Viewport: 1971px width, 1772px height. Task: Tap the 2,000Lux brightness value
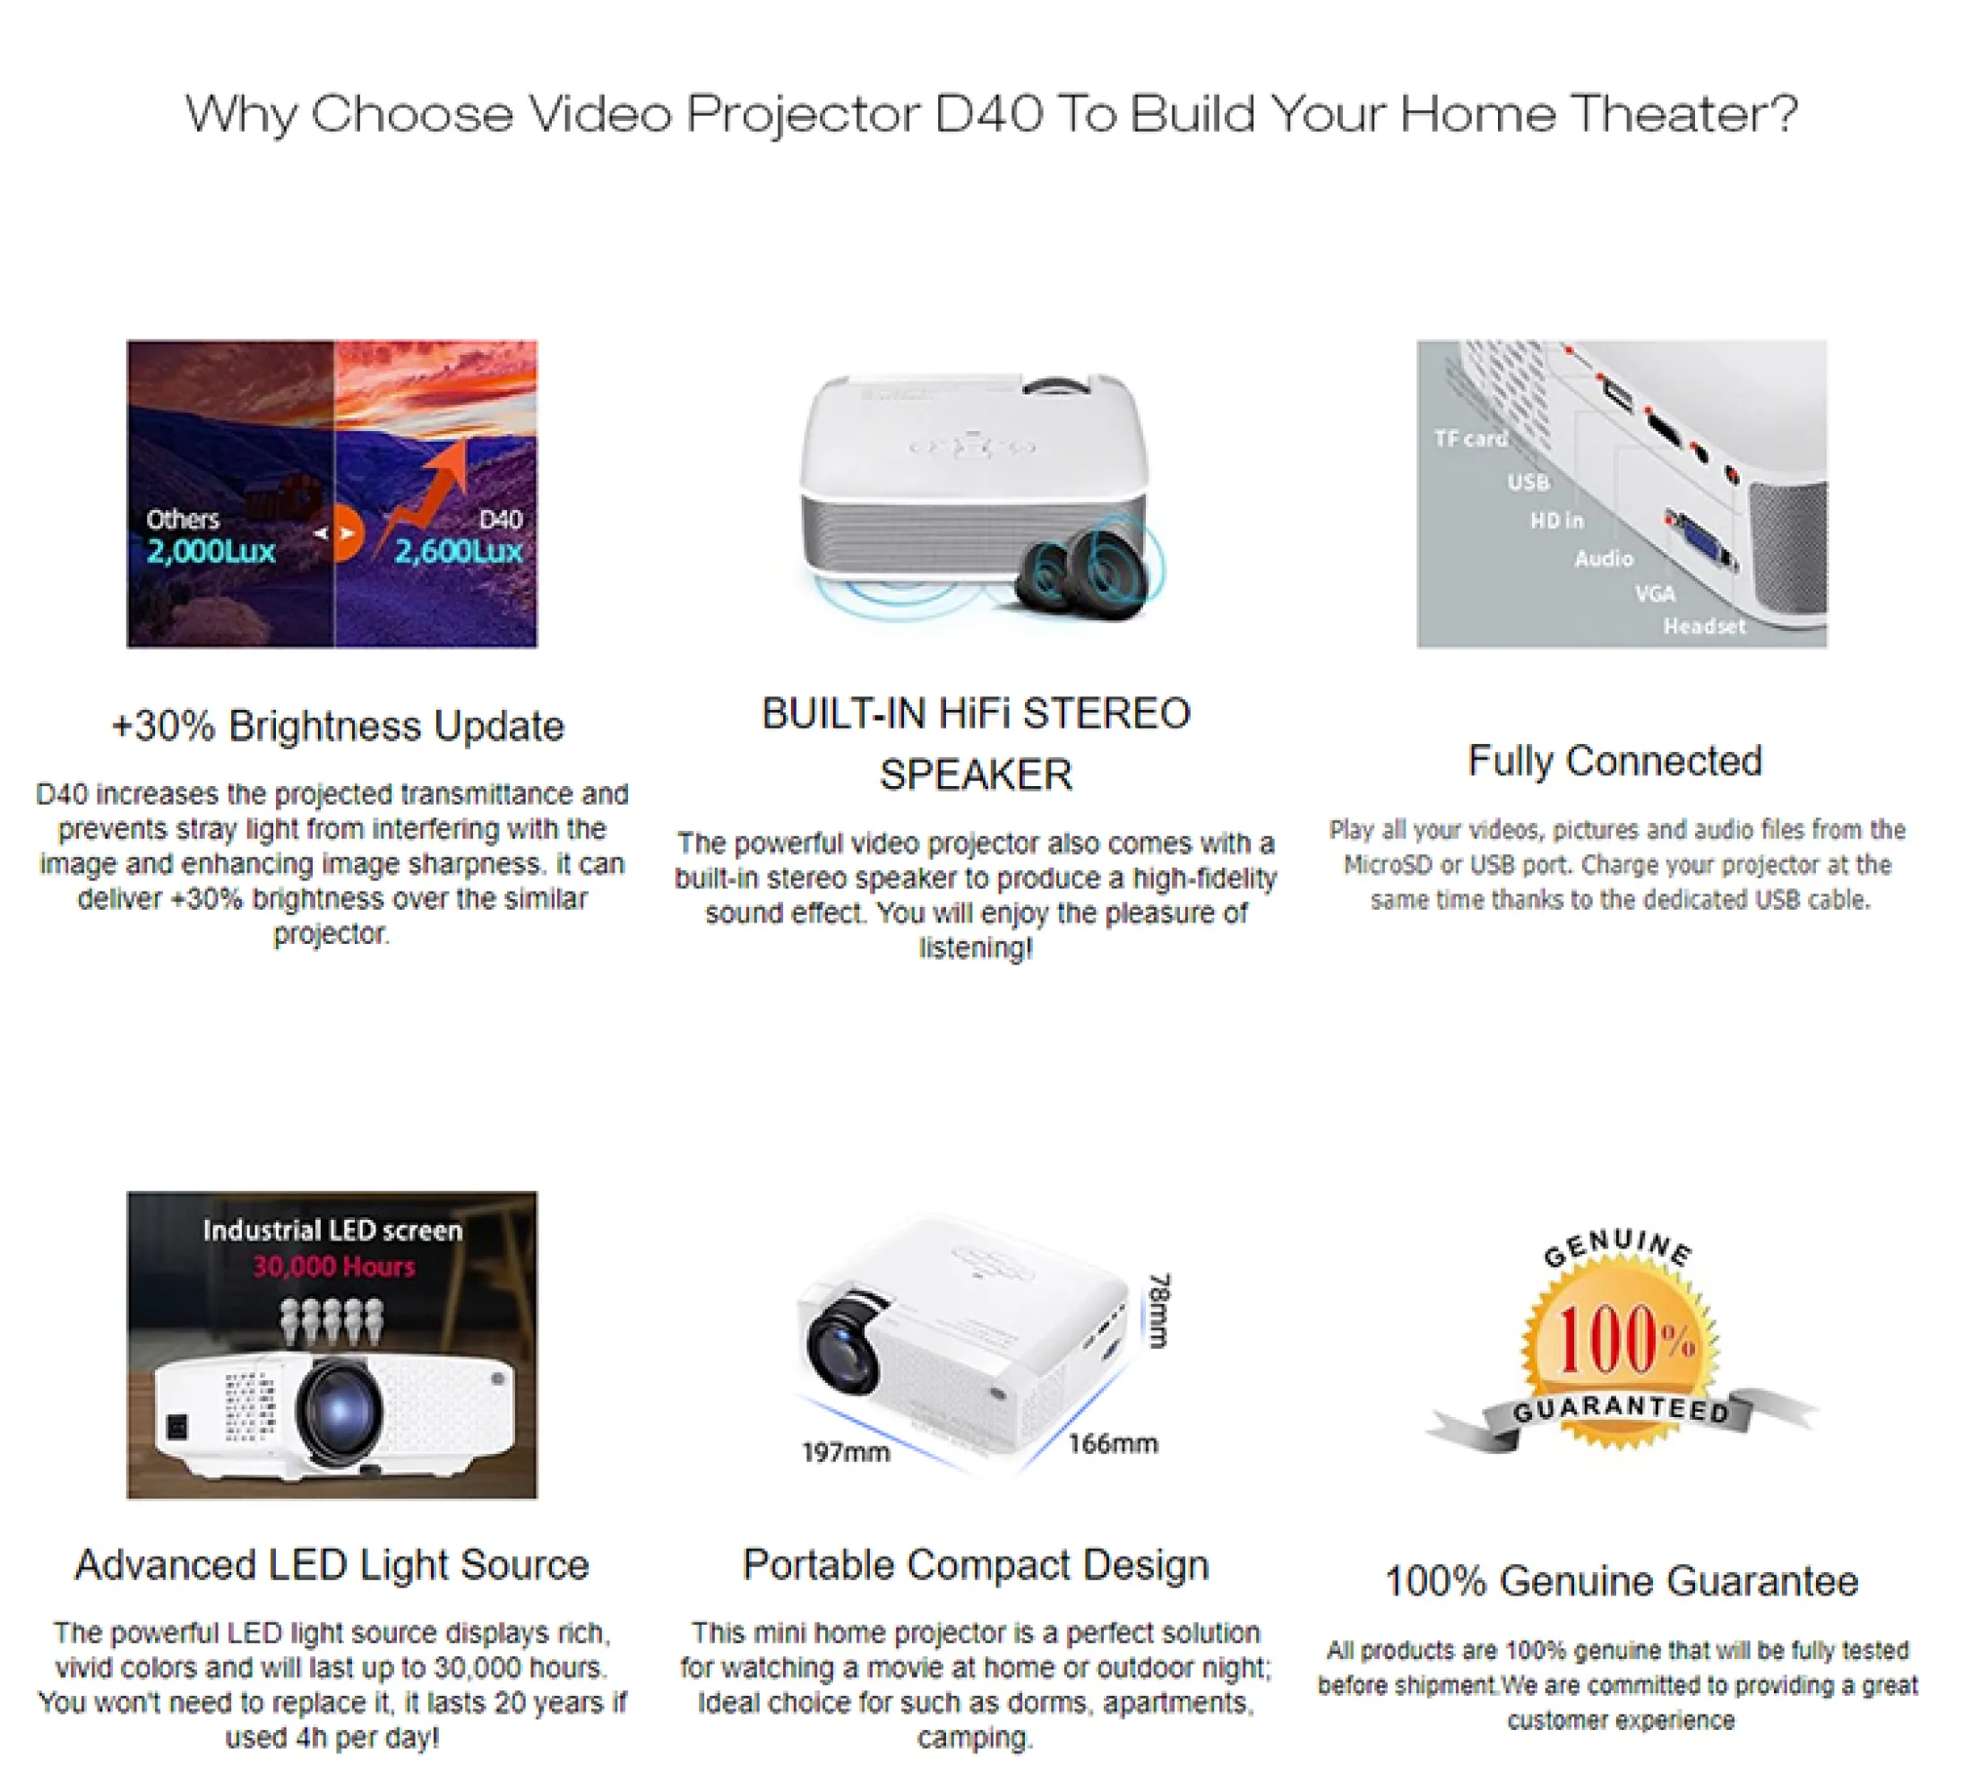pos(211,552)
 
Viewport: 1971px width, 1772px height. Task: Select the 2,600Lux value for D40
pos(459,552)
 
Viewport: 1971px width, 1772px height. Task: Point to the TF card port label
pos(1469,439)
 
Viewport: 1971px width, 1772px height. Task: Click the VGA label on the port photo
pos(1655,593)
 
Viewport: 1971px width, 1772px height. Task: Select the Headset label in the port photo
pos(1704,626)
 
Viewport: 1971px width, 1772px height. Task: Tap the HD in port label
pos(1556,521)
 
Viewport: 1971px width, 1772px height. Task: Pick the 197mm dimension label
pos(845,1453)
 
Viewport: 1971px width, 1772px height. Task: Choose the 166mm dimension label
pos(1113,1444)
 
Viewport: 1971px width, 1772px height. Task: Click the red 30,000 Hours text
pos(334,1266)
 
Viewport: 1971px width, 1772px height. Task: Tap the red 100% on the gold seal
pos(1626,1341)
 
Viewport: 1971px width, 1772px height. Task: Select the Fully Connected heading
pos(1614,761)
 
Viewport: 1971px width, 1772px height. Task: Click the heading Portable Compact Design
pos(976,1566)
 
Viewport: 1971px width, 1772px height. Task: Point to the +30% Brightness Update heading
pos(338,726)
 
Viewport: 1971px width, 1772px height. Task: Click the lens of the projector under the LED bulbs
pos(339,1408)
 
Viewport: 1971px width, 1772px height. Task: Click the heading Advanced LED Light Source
pos(331,1566)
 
